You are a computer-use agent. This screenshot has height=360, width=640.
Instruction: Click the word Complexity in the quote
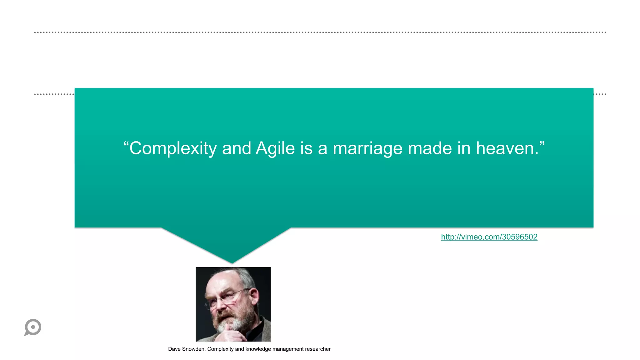(173, 148)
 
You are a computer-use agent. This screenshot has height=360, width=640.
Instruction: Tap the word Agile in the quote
(275, 148)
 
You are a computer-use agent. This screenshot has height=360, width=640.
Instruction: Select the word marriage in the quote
(367, 148)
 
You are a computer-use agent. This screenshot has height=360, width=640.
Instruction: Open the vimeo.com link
(489, 237)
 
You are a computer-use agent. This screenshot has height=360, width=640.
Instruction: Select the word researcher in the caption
(317, 349)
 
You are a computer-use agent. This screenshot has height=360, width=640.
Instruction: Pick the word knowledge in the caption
(258, 349)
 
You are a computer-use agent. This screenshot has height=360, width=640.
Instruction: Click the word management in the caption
(287, 349)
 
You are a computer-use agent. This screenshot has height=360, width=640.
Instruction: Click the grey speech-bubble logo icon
(33, 327)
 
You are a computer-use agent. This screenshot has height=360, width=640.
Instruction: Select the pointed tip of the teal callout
(232, 262)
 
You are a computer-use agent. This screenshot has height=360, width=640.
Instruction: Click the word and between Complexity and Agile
(237, 148)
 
